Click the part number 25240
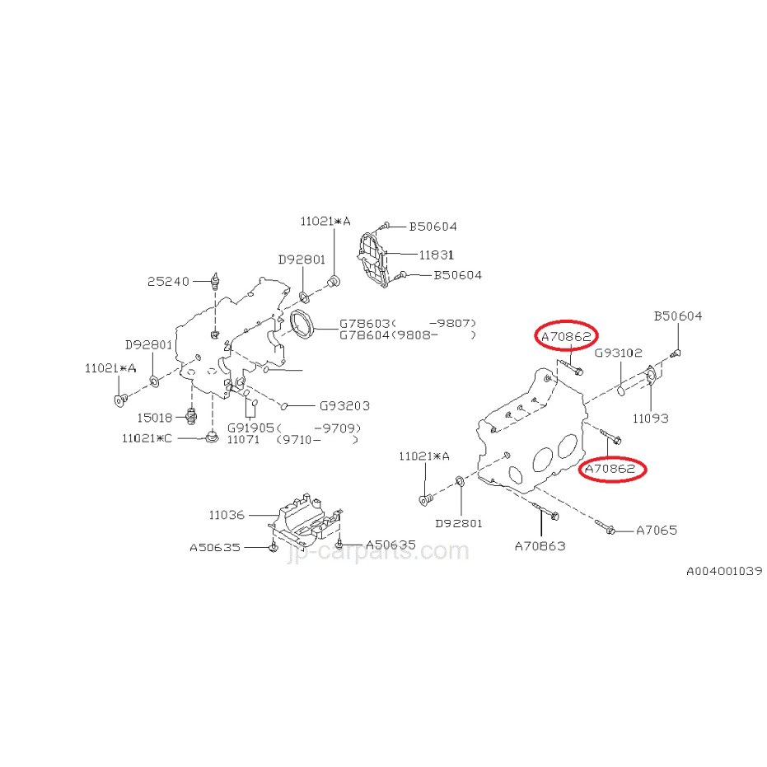coord(168,281)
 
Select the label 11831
coord(437,255)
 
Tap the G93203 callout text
coord(344,405)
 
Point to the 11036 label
coord(227,515)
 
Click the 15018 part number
coord(155,418)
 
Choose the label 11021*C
coord(147,438)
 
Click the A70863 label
coord(540,546)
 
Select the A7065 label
coord(657,531)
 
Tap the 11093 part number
coord(650,419)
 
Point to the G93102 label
coord(618,353)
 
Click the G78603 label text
coord(364,323)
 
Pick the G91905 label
coord(250,428)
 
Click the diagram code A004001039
coord(724,571)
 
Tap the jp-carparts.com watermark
coord(378,551)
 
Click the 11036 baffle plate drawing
coord(305,521)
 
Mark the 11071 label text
coord(243,440)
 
